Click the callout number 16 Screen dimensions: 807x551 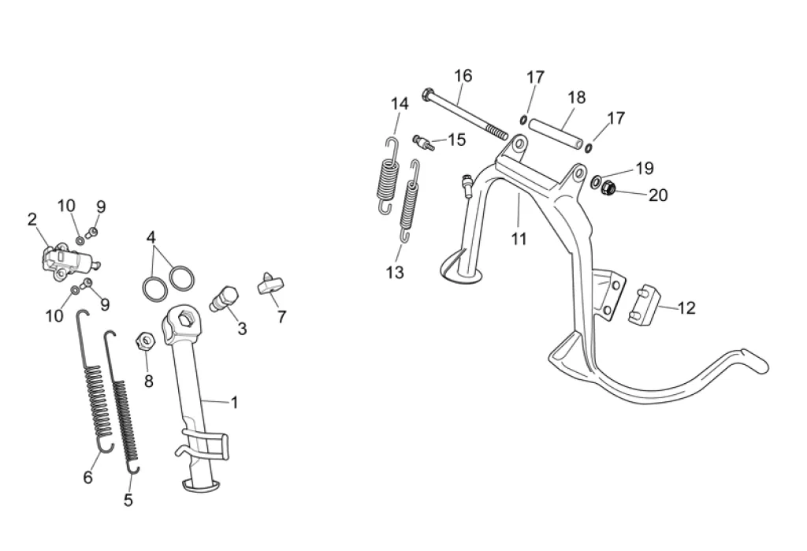(x=463, y=76)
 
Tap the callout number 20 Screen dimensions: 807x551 (x=658, y=195)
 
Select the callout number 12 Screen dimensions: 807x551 (x=686, y=308)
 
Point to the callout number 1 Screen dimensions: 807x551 (x=234, y=403)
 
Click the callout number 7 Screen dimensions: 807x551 (x=281, y=317)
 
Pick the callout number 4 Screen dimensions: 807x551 (x=151, y=237)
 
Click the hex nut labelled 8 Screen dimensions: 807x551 (x=145, y=341)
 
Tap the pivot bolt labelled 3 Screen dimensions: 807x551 (x=224, y=300)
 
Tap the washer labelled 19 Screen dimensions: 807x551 (x=597, y=182)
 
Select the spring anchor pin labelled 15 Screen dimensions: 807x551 (x=423, y=142)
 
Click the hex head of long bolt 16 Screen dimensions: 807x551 (x=428, y=95)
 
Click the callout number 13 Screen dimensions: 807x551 (x=396, y=273)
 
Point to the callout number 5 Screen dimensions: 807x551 (x=128, y=500)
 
